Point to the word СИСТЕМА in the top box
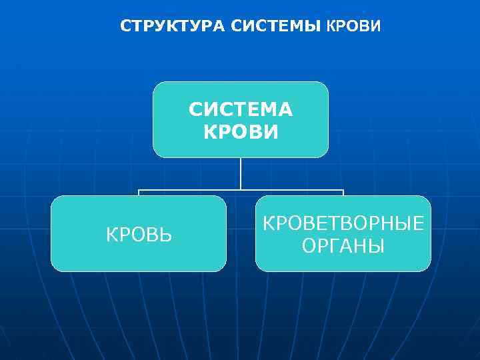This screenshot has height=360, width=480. pyautogui.click(x=241, y=109)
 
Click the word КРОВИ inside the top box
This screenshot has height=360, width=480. pyautogui.click(x=241, y=131)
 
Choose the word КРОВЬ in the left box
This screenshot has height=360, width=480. pyautogui.click(x=139, y=235)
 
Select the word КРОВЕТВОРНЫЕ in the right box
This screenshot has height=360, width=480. pyautogui.click(x=343, y=224)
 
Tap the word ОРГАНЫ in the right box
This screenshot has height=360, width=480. pyautogui.click(x=343, y=246)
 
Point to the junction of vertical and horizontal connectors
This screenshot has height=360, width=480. pyautogui.click(x=241, y=190)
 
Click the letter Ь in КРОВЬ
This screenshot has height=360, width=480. pyautogui.click(x=166, y=235)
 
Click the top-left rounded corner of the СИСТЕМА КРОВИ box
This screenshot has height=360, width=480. pyautogui.click(x=157, y=85)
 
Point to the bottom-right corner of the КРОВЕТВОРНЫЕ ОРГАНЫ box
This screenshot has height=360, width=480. pyautogui.click(x=427, y=268)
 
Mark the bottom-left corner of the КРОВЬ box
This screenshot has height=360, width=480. pyautogui.click(x=55, y=268)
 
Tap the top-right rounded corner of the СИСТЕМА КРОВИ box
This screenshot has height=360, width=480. pyautogui.click(x=325, y=85)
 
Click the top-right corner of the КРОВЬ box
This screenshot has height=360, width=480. pyautogui.click(x=223, y=199)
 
